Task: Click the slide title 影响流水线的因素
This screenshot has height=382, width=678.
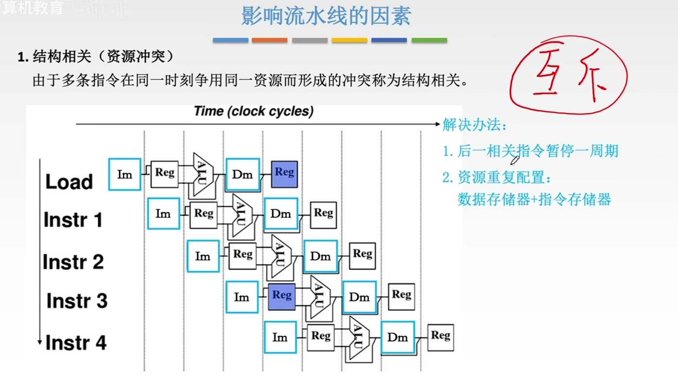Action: (x=326, y=16)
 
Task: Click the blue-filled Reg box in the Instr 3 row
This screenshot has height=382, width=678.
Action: (x=282, y=297)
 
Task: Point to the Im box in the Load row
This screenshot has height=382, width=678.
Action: (x=124, y=174)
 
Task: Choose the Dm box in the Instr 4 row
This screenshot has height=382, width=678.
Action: (x=398, y=337)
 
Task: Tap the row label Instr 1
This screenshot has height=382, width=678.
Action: (x=73, y=220)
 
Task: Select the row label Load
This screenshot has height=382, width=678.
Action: (x=69, y=182)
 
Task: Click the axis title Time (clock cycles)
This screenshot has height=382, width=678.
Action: (x=253, y=111)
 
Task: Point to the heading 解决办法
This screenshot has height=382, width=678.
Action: (x=474, y=125)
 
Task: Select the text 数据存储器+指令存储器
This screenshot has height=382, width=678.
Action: (x=534, y=199)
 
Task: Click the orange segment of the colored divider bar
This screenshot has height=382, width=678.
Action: (x=269, y=40)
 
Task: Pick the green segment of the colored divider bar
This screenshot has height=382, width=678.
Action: (x=429, y=40)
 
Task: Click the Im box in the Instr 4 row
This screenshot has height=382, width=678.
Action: (x=280, y=337)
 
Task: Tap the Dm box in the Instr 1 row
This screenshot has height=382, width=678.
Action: (x=280, y=214)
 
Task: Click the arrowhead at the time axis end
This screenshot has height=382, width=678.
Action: (x=437, y=124)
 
